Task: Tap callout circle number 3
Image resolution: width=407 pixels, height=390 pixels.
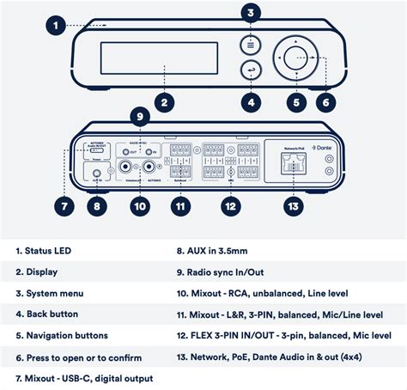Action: tap(250, 13)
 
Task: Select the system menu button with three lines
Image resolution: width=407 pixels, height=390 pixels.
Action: tap(250, 42)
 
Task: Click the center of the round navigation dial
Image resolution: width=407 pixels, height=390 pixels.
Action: tap(296, 59)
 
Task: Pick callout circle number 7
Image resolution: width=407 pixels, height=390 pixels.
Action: tap(63, 206)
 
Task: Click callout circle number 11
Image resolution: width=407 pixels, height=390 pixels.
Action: tap(179, 206)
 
